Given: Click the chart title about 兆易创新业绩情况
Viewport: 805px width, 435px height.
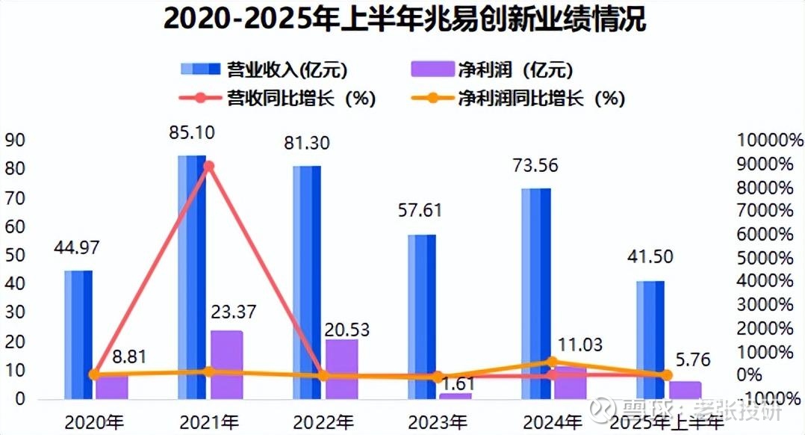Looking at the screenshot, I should pos(404,19).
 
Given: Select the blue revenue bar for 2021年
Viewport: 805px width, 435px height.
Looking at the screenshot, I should pos(192,277).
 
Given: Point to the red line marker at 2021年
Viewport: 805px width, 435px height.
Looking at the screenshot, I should pos(209,166).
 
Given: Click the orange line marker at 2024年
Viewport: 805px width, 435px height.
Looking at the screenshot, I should pos(553,362).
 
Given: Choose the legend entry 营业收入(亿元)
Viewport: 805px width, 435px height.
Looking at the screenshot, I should pos(266,70).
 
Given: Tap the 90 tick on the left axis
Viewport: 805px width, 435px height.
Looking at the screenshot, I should pos(15,140).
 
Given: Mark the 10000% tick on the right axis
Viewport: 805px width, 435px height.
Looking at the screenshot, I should pos(769,140).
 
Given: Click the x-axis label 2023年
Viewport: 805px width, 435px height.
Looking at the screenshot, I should pos(438,422).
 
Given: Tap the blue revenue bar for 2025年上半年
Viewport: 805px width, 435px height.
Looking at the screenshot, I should pos(650,340).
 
